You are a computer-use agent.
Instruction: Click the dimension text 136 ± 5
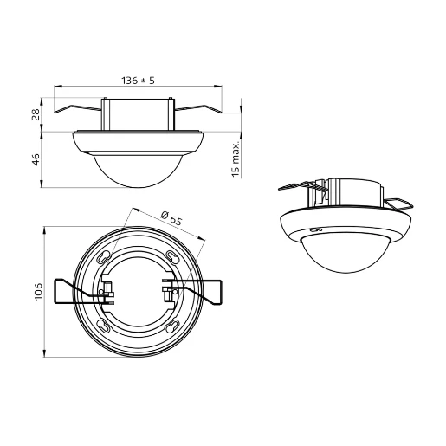click(x=138, y=79)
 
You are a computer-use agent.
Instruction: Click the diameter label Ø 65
click(x=171, y=218)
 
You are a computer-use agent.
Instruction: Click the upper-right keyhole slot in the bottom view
click(x=171, y=258)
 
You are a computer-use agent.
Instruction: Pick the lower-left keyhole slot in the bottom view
click(x=103, y=325)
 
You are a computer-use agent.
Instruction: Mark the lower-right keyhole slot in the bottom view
click(x=172, y=325)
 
